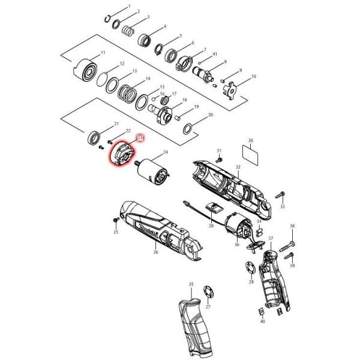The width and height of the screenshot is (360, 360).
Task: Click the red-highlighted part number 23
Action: pyautogui.click(x=140, y=137)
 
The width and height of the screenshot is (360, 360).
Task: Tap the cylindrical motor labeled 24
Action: pyautogui.click(x=155, y=169)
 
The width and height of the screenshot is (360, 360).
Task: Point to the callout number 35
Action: pyautogui.click(x=191, y=284)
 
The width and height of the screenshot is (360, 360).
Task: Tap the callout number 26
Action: pyautogui.click(x=155, y=253)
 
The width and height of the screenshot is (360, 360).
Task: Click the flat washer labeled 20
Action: pyautogui.click(x=188, y=128)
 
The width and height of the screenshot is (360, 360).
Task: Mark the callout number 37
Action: pyautogui.click(x=271, y=239)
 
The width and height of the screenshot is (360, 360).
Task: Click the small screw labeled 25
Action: pyautogui.click(x=115, y=221)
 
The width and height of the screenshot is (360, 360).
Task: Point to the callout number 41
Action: pyautogui.click(x=214, y=54)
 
